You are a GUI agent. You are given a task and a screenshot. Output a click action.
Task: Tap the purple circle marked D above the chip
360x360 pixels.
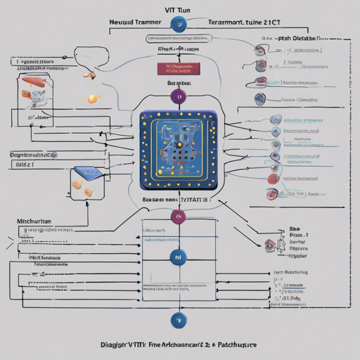pos(178,96)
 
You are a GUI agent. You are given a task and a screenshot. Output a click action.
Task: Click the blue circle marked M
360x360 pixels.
pos(178,258)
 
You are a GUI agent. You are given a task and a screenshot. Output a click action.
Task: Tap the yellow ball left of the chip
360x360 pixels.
pos(92,98)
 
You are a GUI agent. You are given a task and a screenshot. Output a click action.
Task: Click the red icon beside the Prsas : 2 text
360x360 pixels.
pos(269,244)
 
